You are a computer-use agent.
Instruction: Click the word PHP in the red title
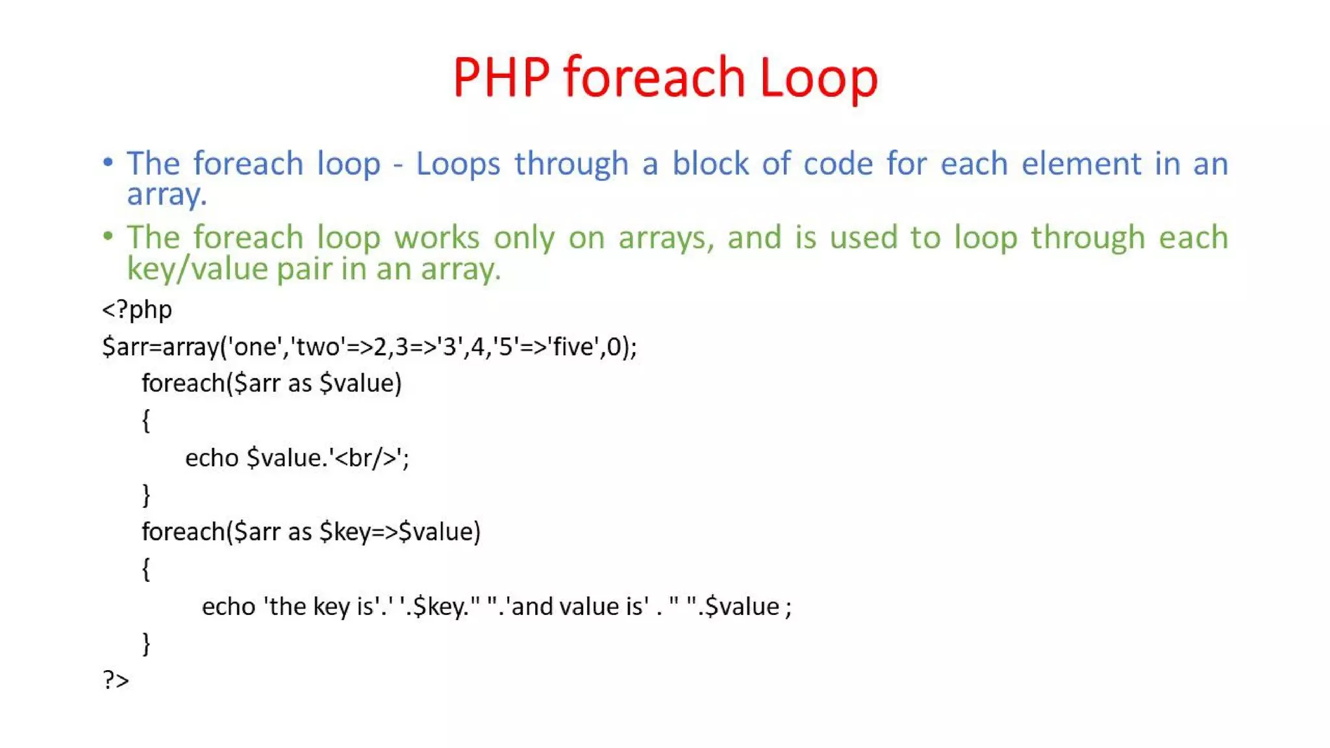tap(501, 78)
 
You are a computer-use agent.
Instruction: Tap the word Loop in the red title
tap(818, 78)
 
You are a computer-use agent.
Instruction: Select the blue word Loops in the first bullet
tap(458, 164)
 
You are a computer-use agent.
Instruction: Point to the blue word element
tap(1081, 164)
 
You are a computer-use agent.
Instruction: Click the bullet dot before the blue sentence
tap(108, 162)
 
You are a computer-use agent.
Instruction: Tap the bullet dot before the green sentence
tap(108, 236)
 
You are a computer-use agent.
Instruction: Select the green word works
tap(436, 238)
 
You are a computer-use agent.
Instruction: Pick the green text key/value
tap(197, 269)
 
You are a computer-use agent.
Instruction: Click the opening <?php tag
tap(137, 310)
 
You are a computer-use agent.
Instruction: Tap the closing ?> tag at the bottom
tap(116, 680)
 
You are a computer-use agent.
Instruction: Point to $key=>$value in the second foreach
tap(399, 532)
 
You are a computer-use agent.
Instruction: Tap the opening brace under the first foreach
tap(146, 421)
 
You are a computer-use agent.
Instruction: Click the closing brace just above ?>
tap(146, 643)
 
